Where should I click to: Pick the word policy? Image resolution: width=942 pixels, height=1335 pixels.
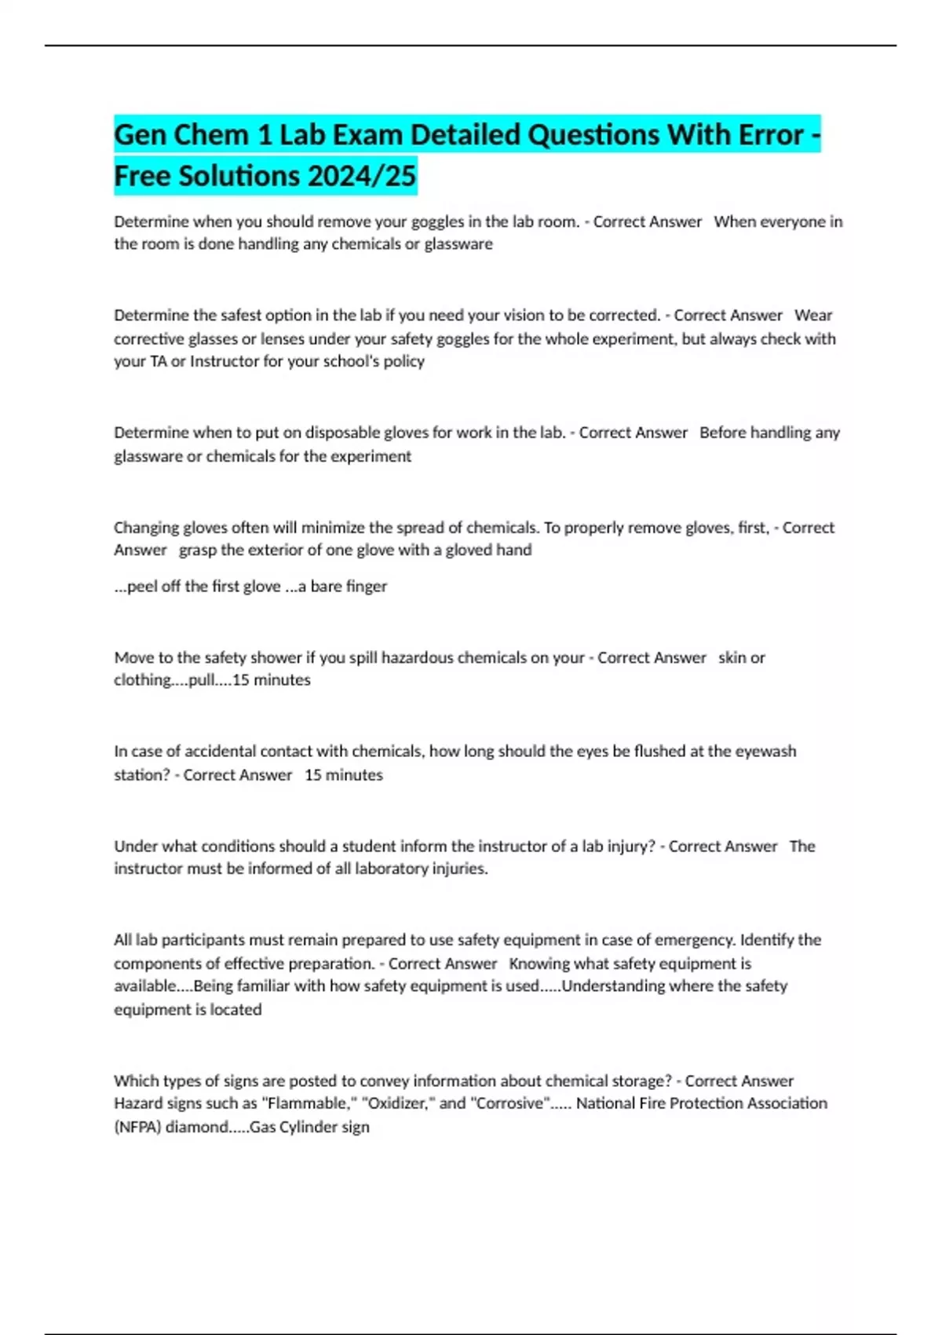point(404,361)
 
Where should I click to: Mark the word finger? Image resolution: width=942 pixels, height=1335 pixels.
point(367,586)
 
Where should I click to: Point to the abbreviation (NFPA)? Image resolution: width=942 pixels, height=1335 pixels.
point(137,1127)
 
